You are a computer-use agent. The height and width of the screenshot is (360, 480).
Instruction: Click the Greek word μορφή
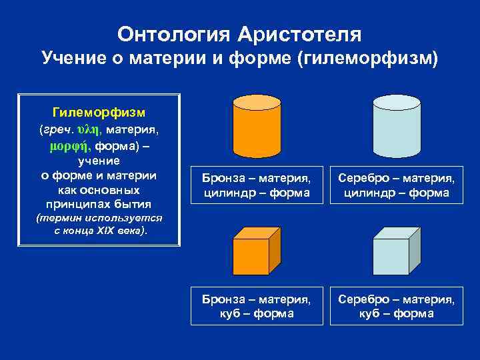pos(71,145)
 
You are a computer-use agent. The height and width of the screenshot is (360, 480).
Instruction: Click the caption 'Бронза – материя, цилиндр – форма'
pos(257,185)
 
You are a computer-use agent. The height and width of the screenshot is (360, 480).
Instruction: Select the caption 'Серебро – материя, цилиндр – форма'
pos(397,185)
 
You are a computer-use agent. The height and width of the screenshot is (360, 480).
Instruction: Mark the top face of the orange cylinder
pos(257,102)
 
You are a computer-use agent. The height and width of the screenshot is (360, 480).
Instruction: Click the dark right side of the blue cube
pos(414,249)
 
